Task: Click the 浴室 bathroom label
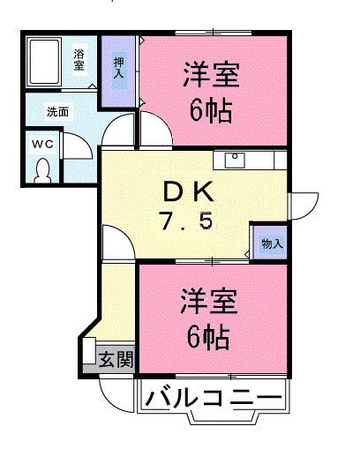pyautogui.click(x=79, y=59)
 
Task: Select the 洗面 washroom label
pyautogui.click(x=57, y=112)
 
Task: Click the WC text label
pyautogui.click(x=41, y=142)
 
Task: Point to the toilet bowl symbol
pyautogui.click(x=41, y=168)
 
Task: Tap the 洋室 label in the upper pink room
pyautogui.click(x=211, y=73)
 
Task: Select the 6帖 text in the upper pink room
pyautogui.click(x=211, y=110)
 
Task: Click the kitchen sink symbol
pyautogui.click(x=236, y=160)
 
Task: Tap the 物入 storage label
pyautogui.click(x=270, y=243)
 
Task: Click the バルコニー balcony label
pyautogui.click(x=212, y=398)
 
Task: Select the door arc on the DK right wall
pyautogui.click(x=301, y=205)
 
